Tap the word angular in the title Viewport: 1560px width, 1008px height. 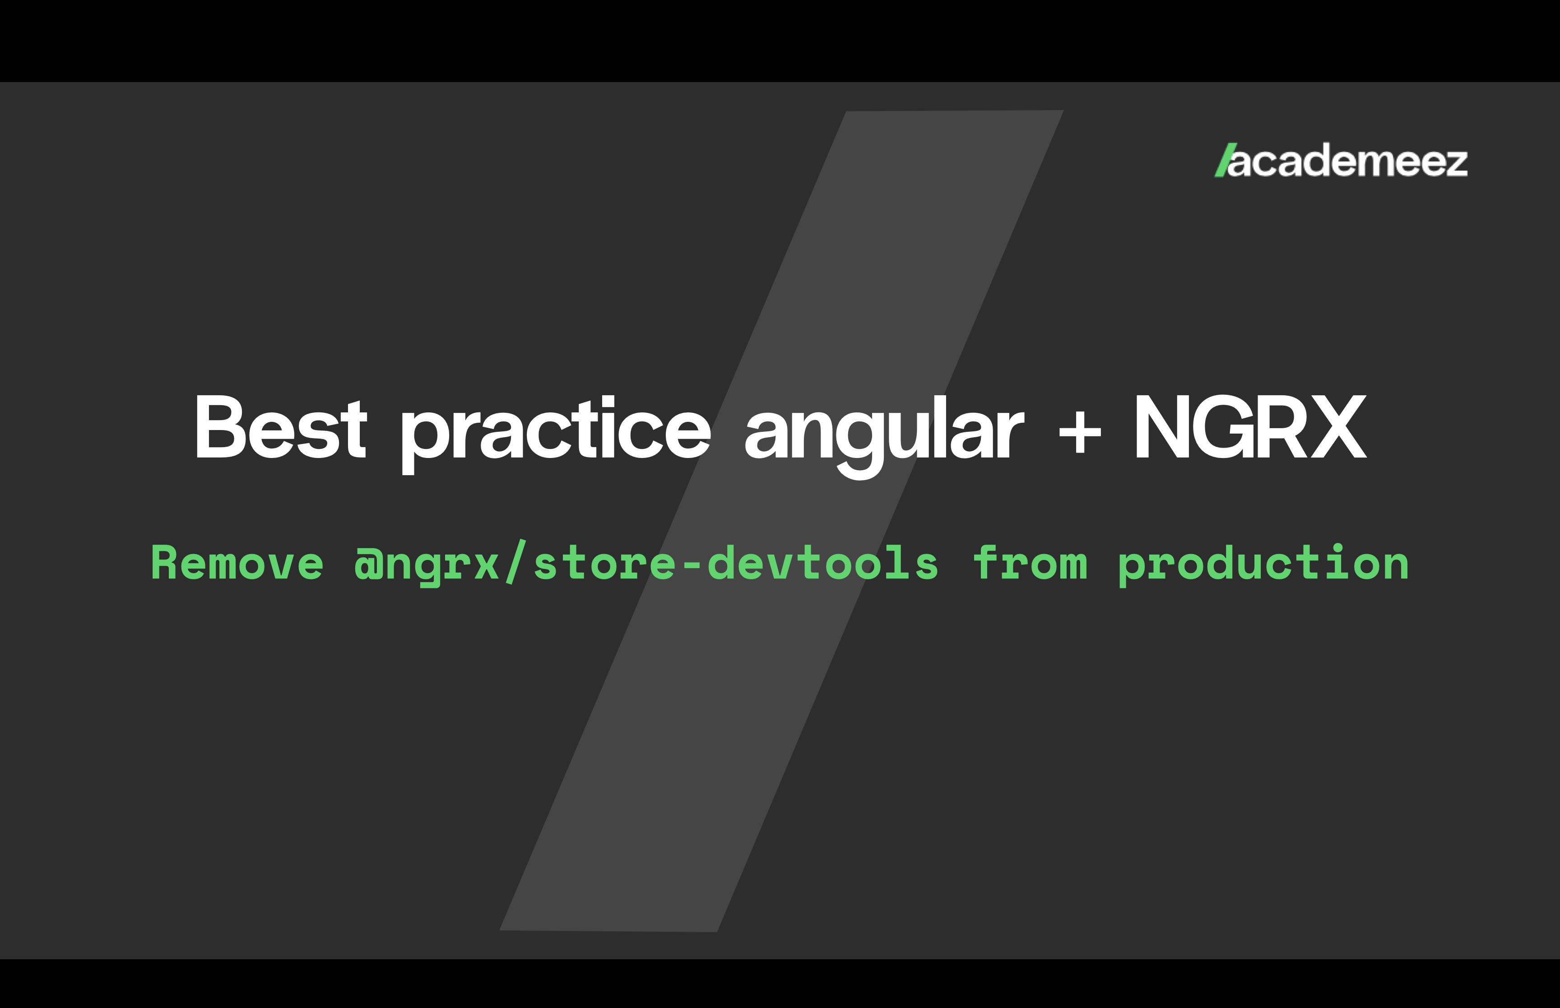point(884,436)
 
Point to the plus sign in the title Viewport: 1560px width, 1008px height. point(1079,432)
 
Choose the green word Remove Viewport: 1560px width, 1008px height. point(237,563)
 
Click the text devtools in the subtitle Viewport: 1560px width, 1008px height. point(823,563)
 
